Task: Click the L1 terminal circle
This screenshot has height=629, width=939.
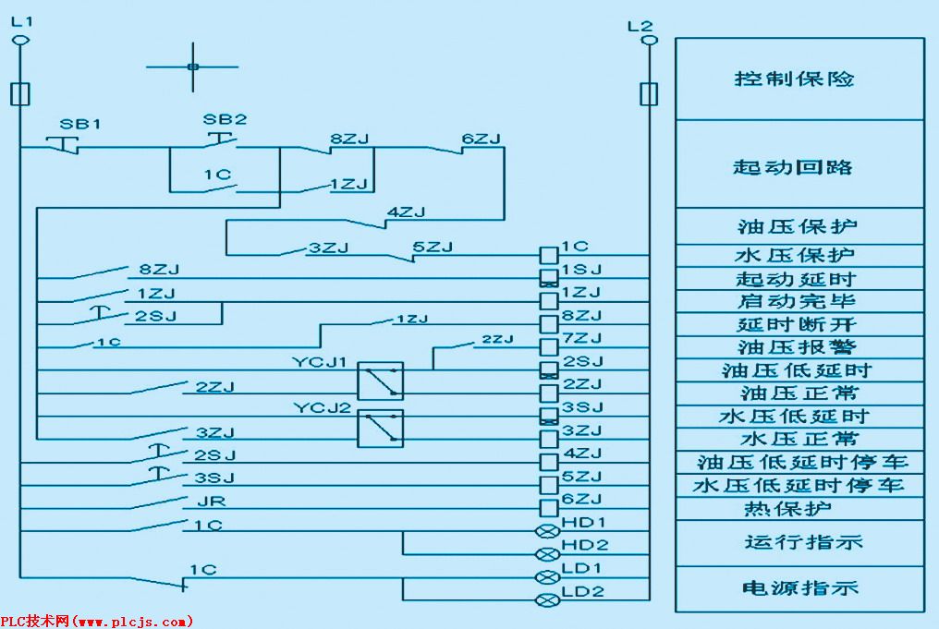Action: pyautogui.click(x=21, y=41)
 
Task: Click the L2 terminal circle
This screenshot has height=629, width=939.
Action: pyautogui.click(x=649, y=41)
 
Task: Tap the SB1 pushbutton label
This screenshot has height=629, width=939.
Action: pyautogui.click(x=80, y=124)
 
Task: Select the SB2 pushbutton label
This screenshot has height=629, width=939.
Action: pyautogui.click(x=225, y=119)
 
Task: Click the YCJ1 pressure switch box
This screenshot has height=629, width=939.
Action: pyautogui.click(x=380, y=380)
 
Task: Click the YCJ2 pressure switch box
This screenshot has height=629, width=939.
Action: pyautogui.click(x=380, y=426)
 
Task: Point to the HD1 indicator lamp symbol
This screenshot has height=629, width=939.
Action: pyautogui.click(x=548, y=531)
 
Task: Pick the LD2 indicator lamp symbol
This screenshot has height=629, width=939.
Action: pyautogui.click(x=548, y=600)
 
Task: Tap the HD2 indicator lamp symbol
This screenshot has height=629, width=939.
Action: pyautogui.click(x=548, y=554)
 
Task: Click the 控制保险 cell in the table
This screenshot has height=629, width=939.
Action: pyautogui.click(x=799, y=79)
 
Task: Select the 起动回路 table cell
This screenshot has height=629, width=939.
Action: pyautogui.click(x=799, y=166)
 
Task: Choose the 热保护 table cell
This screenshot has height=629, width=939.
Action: pyautogui.click(x=799, y=509)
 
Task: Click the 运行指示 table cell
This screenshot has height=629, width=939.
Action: pyautogui.click(x=799, y=542)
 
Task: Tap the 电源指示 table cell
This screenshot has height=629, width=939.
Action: pyautogui.click(x=799, y=588)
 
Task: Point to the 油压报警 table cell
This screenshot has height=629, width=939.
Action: pyautogui.click(x=799, y=347)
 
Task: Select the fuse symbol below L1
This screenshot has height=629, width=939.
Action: pyautogui.click(x=21, y=93)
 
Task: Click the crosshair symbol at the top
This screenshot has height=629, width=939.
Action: pyautogui.click(x=192, y=67)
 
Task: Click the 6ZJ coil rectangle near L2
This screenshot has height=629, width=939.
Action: pyautogui.click(x=548, y=507)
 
